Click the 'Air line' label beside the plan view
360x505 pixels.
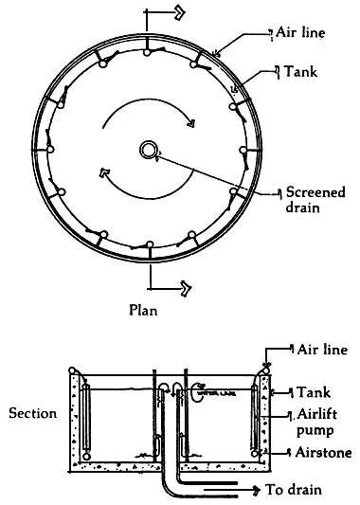[302, 33]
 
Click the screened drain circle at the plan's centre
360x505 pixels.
[150, 150]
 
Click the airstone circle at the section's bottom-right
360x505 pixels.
[255, 454]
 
